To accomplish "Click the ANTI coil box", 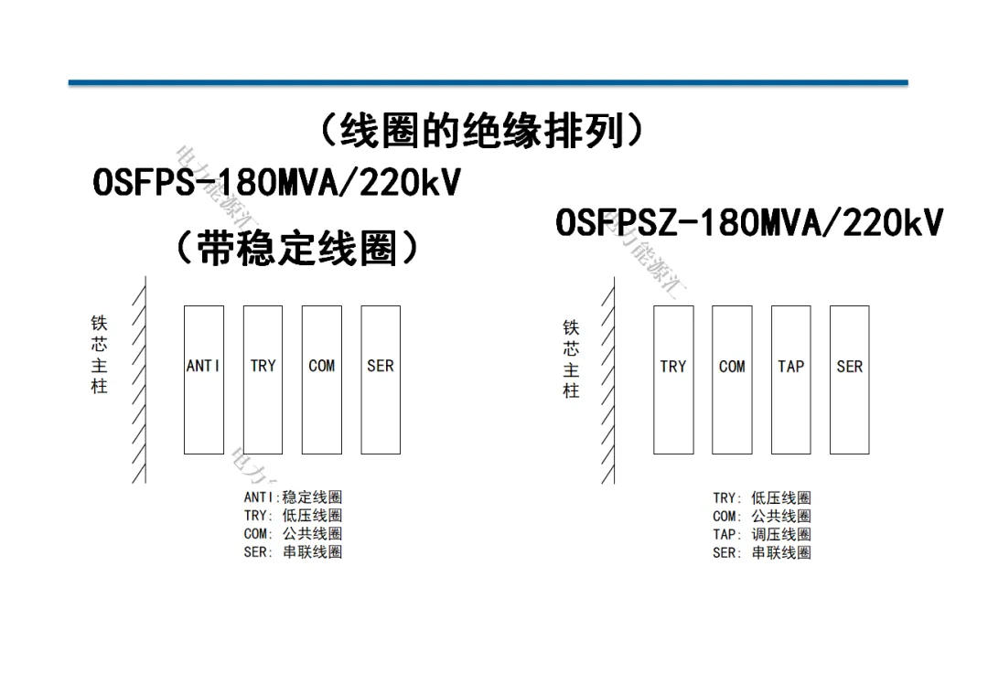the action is click(203, 379).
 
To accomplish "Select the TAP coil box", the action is click(790, 379).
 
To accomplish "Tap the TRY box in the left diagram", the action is click(263, 379).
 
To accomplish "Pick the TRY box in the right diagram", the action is click(673, 379).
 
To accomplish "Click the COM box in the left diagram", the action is click(321, 379).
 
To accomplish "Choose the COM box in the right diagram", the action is click(732, 379).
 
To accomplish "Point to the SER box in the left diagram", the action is click(381, 379).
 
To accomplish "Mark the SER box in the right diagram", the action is click(849, 379).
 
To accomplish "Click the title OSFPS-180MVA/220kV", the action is click(276, 183).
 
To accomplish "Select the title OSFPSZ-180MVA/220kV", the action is click(749, 222).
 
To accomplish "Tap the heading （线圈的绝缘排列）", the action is click(482, 132).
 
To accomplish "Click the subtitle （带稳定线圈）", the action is click(298, 247).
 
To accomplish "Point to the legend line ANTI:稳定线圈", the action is click(293, 497).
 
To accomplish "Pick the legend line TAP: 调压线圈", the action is click(761, 534).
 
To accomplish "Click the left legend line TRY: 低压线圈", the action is click(293, 516).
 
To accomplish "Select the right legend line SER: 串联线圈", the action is click(761, 552).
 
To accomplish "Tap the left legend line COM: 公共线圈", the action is click(293, 534).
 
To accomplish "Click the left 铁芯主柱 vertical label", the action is click(99, 355).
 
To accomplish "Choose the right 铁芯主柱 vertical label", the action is click(571, 358).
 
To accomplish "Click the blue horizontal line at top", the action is click(489, 83).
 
